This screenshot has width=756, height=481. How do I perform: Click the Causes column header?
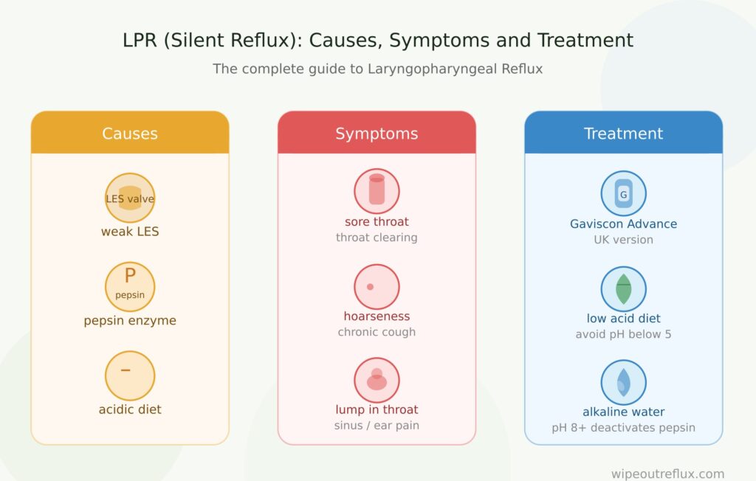130,133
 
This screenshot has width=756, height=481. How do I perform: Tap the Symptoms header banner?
377,133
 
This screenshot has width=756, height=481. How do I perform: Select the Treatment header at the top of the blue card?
623,133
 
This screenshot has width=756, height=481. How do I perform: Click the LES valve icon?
130,198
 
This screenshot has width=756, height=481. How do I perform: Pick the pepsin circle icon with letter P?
130,287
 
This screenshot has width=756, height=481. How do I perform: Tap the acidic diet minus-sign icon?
130,376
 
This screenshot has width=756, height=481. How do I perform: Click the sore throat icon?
377,191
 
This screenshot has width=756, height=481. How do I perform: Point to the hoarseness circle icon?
377,286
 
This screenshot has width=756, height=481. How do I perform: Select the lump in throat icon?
377,380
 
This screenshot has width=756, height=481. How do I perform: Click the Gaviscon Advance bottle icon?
623,193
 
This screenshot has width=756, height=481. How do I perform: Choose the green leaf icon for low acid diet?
623,288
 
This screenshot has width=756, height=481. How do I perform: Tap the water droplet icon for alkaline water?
623,382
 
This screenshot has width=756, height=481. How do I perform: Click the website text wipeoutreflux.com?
667,474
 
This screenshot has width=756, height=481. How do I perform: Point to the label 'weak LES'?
130,232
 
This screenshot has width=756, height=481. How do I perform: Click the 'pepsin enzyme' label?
130,320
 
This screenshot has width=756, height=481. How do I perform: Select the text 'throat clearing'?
377,237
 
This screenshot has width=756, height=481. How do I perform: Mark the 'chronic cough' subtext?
377,331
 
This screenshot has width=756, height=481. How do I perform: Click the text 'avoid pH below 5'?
623,334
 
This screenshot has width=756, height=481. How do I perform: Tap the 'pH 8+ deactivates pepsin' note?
623,427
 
